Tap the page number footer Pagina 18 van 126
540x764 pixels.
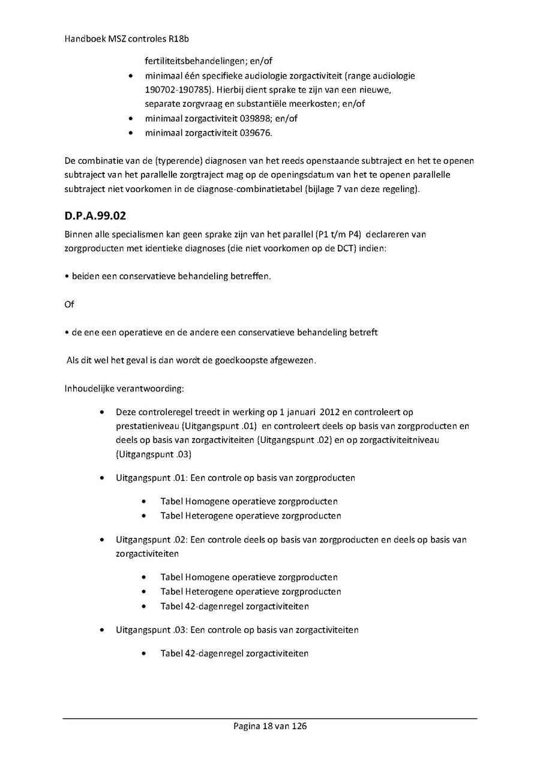tap(270, 726)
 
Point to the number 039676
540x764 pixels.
tap(254, 133)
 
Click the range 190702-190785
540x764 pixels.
tap(179, 90)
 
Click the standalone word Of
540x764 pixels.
tap(69, 305)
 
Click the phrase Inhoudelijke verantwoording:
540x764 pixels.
tap(124, 389)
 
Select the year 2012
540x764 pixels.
tap(331, 412)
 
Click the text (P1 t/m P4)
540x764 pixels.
tap(338, 233)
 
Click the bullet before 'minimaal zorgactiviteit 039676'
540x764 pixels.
tap(131, 133)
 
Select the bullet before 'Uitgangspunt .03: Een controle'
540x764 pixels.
tap(103, 630)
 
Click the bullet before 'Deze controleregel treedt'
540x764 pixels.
tap(103, 413)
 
